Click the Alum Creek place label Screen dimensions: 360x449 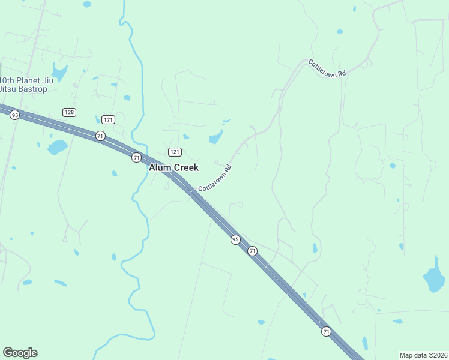coord(173,167)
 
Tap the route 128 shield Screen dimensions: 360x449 coord(69,112)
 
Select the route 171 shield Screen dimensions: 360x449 coord(108,119)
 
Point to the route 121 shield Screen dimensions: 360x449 coord(175,152)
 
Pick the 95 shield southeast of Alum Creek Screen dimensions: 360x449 coord(235,239)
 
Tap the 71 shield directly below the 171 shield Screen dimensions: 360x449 coord(100,136)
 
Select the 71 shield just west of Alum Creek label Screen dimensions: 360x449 coord(137,157)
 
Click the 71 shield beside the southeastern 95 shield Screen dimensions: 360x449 coord(253,251)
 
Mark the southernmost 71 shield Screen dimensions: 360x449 coord(326,331)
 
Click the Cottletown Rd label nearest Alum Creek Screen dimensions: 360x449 coord(215,178)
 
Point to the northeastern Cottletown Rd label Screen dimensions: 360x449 coord(327,67)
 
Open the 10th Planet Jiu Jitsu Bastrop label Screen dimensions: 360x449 coord(31,85)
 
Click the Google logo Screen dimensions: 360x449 coord(20,353)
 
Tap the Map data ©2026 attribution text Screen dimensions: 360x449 coord(423,355)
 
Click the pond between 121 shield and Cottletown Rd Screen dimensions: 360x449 coord(215,139)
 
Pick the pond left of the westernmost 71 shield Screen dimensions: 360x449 coord(58,147)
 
